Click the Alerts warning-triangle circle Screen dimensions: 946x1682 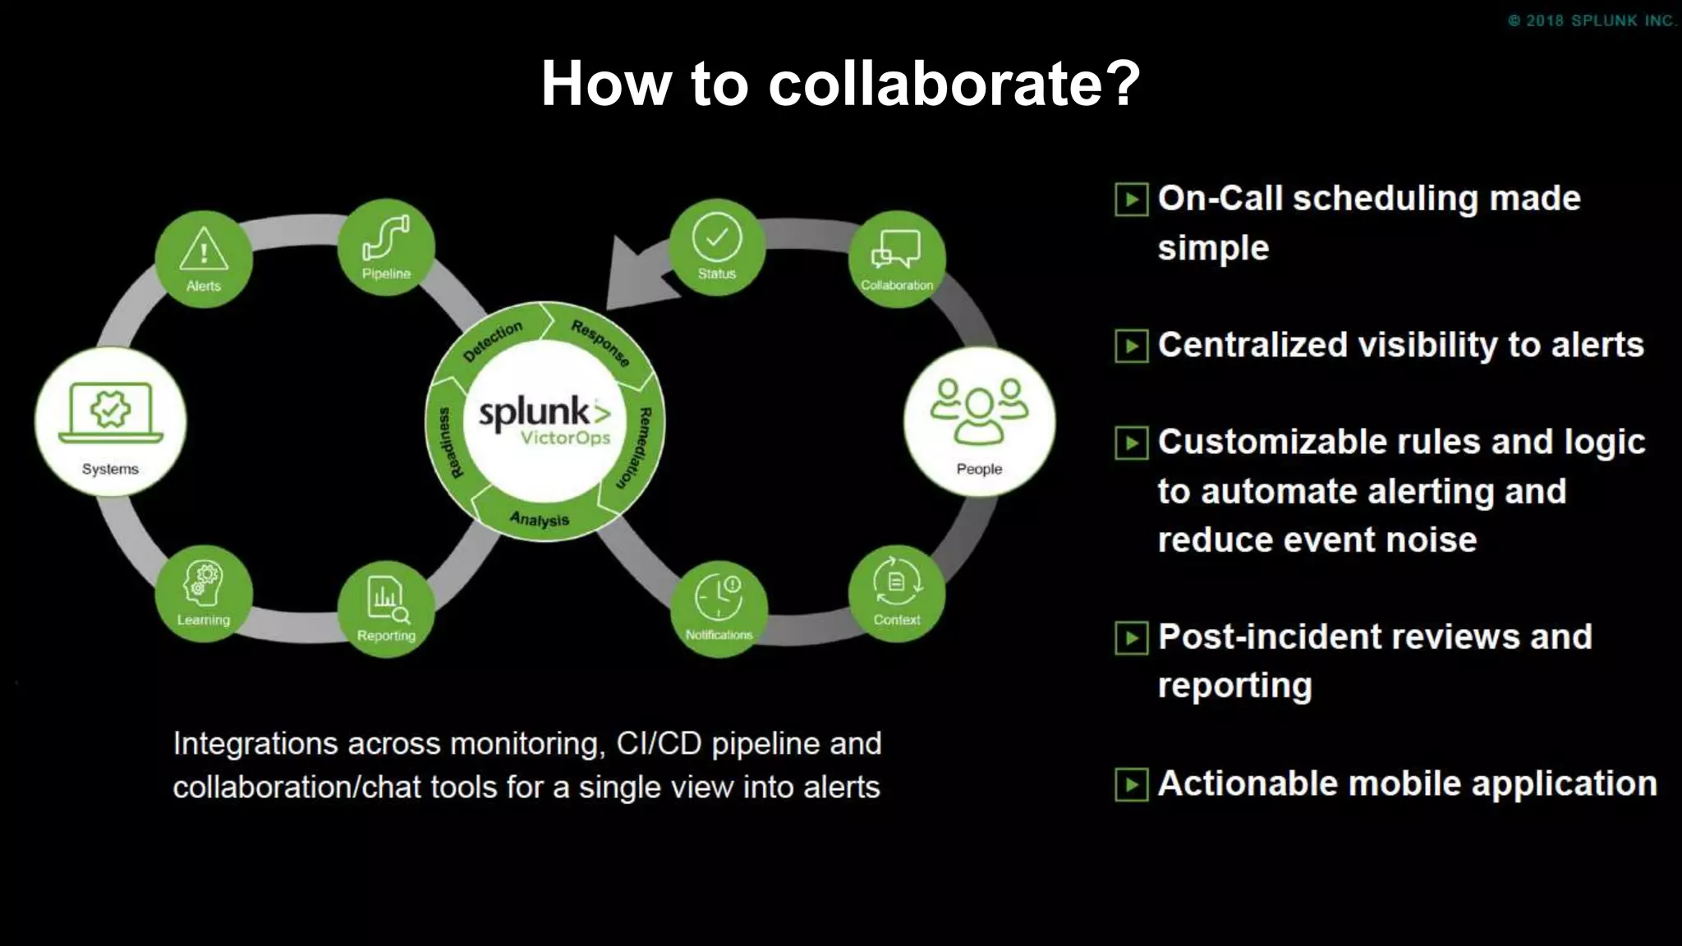click(204, 259)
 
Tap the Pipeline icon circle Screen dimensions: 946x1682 click(386, 246)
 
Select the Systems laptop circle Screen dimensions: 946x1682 click(111, 422)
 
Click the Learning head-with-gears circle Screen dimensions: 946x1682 click(204, 594)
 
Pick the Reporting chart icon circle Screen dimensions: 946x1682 click(386, 608)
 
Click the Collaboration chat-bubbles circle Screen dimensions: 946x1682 click(897, 259)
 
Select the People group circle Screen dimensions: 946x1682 click(979, 422)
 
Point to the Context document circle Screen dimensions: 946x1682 click(897, 593)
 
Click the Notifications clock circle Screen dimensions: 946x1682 click(719, 608)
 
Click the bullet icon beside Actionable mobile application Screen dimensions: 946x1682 click(1131, 784)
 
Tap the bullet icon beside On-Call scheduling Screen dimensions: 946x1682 click(1131, 200)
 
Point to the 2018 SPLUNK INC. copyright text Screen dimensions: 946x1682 click(1592, 21)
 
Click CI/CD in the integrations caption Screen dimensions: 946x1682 click(659, 744)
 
